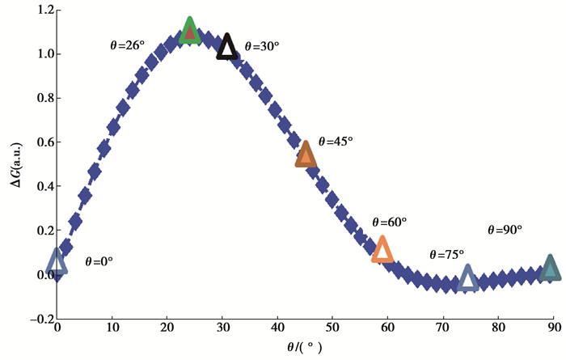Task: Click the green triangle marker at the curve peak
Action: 189,30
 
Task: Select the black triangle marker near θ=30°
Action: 227,47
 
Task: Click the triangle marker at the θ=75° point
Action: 467,278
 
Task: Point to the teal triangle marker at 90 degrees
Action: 551,268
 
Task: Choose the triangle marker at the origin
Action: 56,261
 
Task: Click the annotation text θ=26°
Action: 127,45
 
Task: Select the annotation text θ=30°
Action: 261,47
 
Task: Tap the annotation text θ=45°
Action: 336,141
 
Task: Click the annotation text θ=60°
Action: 389,222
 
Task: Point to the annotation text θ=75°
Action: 447,254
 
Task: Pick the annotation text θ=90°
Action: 505,230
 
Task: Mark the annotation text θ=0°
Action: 99,262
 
